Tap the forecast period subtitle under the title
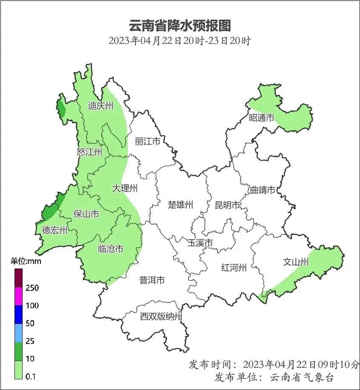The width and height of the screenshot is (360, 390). [x=179, y=41]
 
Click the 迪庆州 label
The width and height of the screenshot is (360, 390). [x=101, y=105]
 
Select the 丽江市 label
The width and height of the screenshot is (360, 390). [x=147, y=141]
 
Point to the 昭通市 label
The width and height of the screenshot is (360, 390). [x=261, y=118]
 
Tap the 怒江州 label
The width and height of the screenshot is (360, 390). [x=89, y=152]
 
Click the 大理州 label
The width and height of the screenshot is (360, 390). [x=125, y=188]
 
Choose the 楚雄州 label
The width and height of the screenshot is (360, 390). [x=180, y=205]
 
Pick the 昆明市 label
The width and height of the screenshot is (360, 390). [x=227, y=205]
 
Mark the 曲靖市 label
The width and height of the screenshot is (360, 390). [x=262, y=190]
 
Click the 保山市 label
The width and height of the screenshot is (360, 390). [x=86, y=214]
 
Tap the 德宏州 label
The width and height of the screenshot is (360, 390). [x=55, y=231]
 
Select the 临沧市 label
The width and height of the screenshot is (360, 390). [x=110, y=248]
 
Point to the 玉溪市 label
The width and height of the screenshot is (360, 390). [x=200, y=243]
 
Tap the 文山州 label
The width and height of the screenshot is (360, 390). [x=295, y=262]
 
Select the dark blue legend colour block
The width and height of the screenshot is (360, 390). [x=18, y=314]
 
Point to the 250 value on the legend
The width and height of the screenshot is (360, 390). [x=32, y=288]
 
